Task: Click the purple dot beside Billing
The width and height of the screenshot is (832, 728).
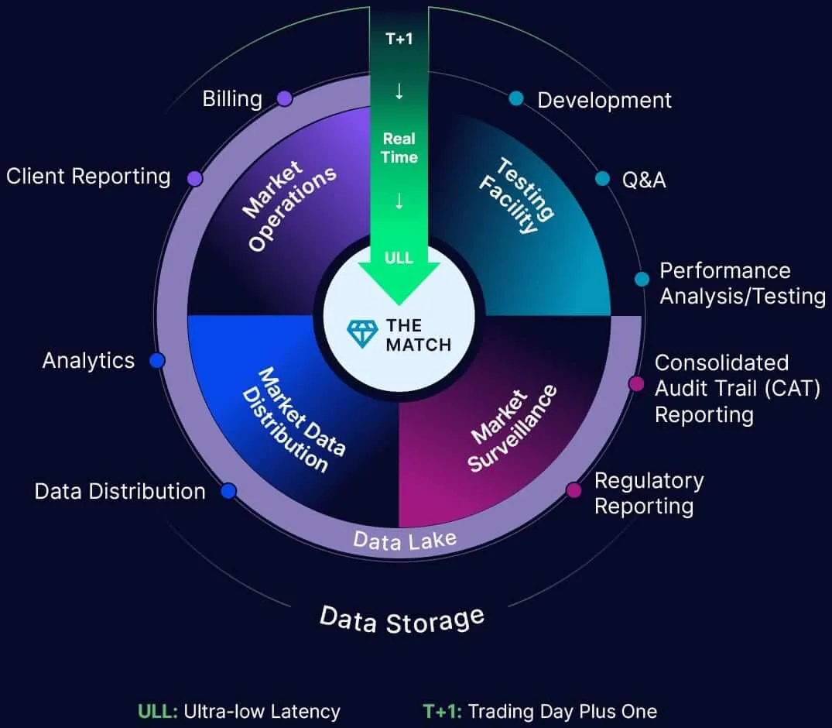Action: click(x=284, y=98)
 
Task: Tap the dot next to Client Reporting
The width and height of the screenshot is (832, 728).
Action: click(x=195, y=178)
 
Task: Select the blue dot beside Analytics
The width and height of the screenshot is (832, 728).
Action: click(x=157, y=360)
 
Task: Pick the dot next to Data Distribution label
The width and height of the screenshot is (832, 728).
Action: click(x=228, y=491)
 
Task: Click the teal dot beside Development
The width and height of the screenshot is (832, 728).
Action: click(x=516, y=98)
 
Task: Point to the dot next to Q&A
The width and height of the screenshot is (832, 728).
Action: click(x=602, y=179)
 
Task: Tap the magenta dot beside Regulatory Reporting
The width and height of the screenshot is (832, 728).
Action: click(x=573, y=490)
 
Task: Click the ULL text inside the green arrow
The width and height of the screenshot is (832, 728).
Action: click(x=399, y=257)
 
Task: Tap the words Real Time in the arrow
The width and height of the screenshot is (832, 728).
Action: click(x=399, y=148)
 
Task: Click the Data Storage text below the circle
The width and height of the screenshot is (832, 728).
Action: click(x=402, y=620)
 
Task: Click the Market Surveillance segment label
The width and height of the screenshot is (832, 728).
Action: click(x=513, y=428)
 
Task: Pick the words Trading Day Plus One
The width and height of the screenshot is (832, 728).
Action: click(x=563, y=711)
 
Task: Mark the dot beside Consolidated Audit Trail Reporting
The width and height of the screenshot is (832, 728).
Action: click(x=636, y=383)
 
